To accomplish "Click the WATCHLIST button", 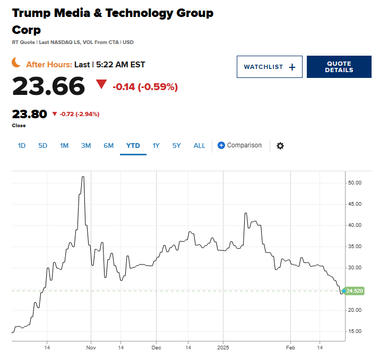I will coord(269,67).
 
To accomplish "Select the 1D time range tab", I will coord(22,145).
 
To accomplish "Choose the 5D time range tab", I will coord(43,145).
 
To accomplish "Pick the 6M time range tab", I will coord(108,145).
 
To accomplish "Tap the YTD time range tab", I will coord(133,145).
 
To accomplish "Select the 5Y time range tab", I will coord(177,145).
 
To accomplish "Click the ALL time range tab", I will coord(199,145).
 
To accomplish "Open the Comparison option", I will coord(240,145).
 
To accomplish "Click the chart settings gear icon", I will coord(280,146).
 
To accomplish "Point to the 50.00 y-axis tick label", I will coord(354,183).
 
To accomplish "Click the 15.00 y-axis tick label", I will coord(354,331).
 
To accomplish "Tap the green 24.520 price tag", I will coord(354,291).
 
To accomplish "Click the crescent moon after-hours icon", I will coord(17,63).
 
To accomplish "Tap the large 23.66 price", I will coord(48,86).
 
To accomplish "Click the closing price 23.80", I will coord(29,114).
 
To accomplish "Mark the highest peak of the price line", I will coord(83,177).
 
